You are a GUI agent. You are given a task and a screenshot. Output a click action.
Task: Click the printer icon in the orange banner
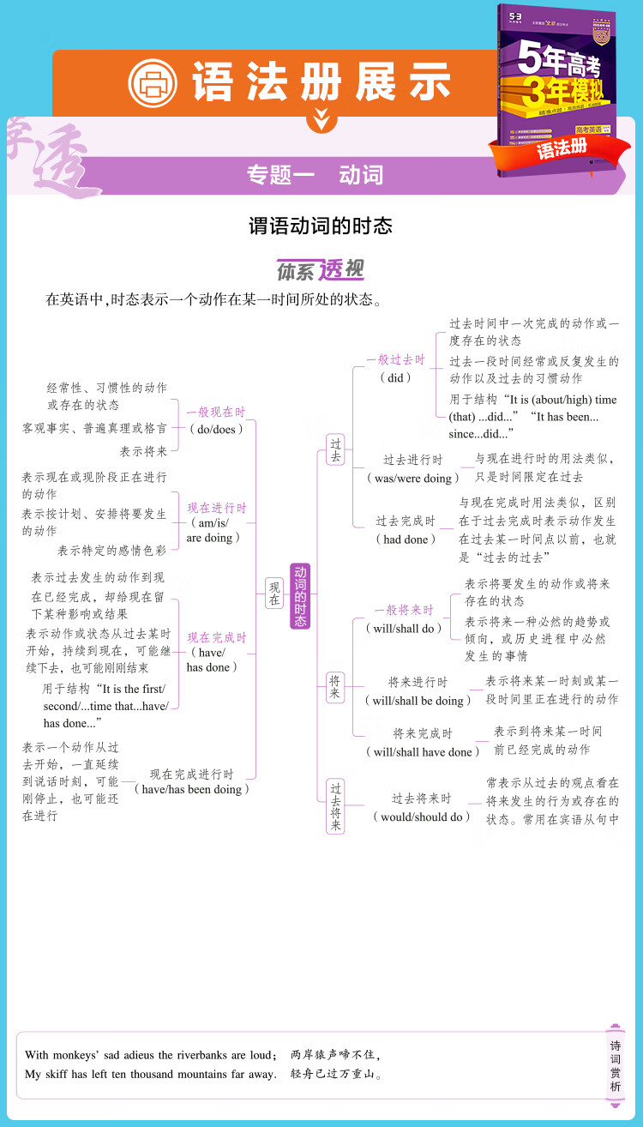(x=152, y=83)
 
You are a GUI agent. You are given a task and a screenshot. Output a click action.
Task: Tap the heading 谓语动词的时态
(x=321, y=226)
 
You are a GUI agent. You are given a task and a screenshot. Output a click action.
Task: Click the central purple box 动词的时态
(x=300, y=596)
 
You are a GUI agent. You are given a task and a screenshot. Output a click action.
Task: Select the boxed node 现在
(x=274, y=594)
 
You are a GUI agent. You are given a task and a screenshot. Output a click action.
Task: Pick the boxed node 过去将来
(x=335, y=806)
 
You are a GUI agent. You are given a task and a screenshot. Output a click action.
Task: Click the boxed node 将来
(x=335, y=687)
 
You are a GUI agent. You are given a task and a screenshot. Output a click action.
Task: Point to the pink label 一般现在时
(x=216, y=412)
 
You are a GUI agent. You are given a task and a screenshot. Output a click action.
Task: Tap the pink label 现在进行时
(x=216, y=508)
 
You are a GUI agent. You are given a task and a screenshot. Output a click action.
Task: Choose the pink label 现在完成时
(x=216, y=637)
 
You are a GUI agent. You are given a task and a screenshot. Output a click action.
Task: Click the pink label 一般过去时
(x=395, y=360)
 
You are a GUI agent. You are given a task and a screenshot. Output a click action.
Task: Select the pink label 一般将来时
(x=404, y=611)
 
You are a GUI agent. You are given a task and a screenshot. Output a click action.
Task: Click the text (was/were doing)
(x=413, y=478)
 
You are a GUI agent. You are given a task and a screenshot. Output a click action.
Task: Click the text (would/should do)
(x=422, y=817)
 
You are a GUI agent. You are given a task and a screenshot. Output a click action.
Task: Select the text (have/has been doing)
(x=192, y=789)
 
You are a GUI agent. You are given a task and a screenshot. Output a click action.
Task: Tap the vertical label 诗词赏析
(x=615, y=1065)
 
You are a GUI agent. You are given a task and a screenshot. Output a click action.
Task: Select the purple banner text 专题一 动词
(x=315, y=175)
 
